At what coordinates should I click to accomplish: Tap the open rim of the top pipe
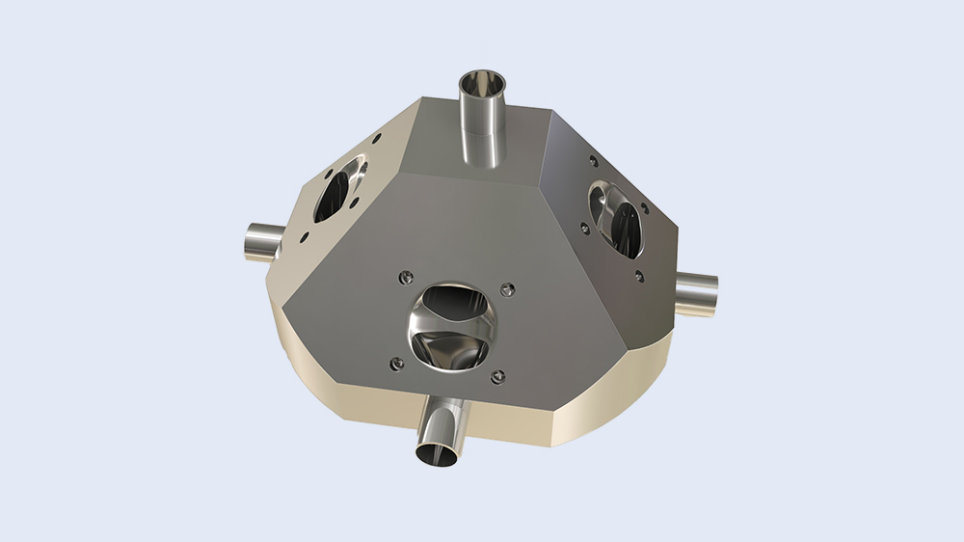pos(480,79)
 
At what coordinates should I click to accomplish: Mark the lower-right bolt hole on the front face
pos(497,377)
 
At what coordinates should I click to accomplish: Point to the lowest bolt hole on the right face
pos(638,276)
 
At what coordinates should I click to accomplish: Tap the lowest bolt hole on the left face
pos(305,235)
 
